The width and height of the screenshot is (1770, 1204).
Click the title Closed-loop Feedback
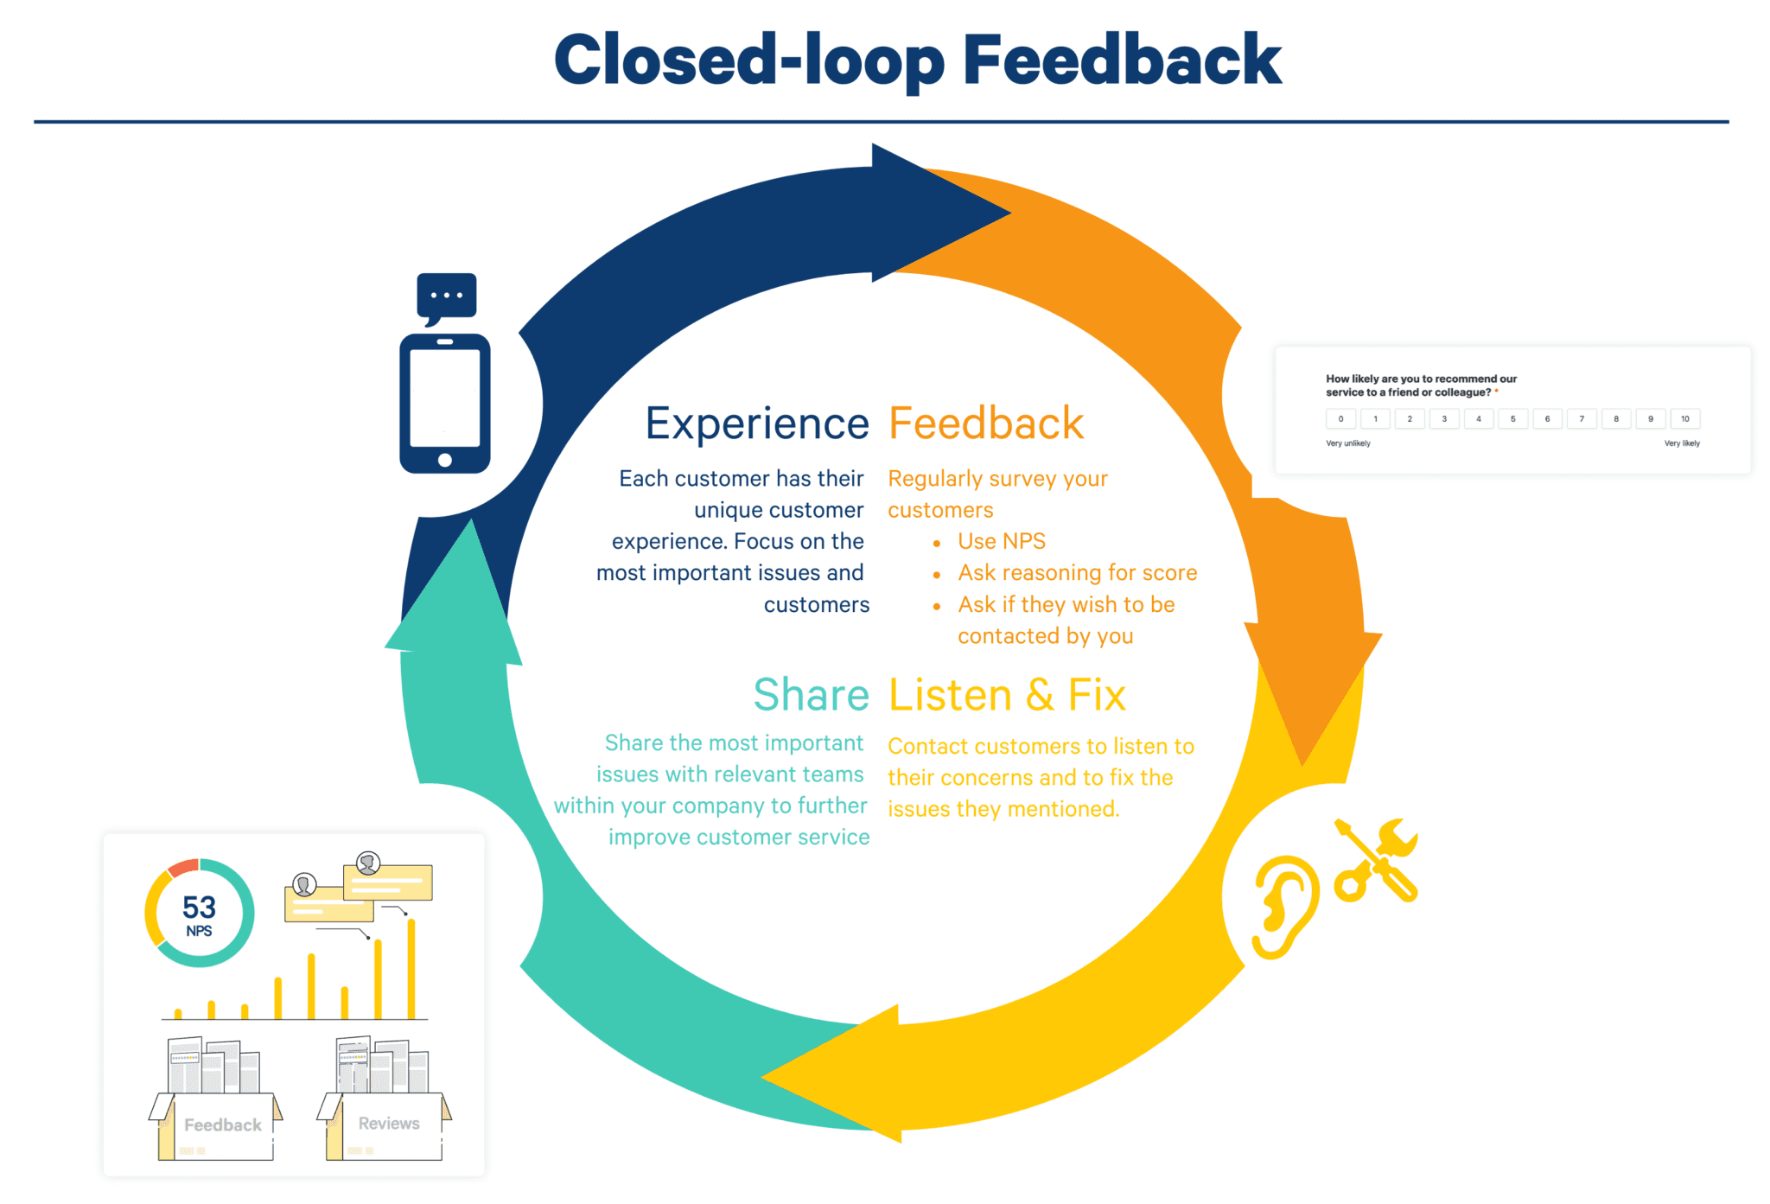coord(917,61)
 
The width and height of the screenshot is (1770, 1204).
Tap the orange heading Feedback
coord(985,424)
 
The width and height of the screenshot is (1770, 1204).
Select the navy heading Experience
coord(757,424)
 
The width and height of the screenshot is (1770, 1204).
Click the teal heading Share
coord(811,695)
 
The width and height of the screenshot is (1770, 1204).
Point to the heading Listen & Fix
coord(1007,695)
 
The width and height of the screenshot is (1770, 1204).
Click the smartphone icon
coord(444,404)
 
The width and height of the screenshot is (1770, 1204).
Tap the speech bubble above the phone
coord(446,296)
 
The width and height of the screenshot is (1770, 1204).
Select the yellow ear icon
coord(1285,907)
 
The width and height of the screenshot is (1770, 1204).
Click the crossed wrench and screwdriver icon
coord(1377,860)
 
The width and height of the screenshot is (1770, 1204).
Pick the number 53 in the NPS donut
coord(199,908)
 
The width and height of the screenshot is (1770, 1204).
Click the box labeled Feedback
coord(222,1124)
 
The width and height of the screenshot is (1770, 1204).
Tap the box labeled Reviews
coord(389,1124)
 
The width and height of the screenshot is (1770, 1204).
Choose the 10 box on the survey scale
coord(1684,419)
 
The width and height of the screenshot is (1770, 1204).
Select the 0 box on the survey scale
coord(1340,419)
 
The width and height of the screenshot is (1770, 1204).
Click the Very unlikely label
coord(1348,443)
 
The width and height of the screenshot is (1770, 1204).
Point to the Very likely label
coord(1682,443)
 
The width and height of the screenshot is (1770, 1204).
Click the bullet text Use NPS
coord(1002,542)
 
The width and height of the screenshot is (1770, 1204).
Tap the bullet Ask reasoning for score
coord(1077,573)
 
